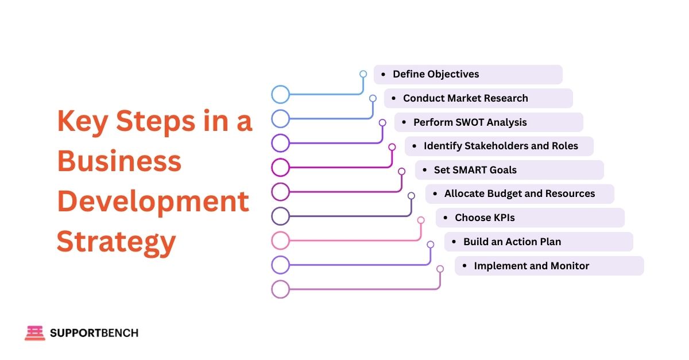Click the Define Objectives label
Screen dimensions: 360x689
[x=436, y=74]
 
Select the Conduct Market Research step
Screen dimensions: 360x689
[x=465, y=98]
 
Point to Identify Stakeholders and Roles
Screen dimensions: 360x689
[x=501, y=146]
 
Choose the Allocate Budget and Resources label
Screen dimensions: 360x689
[x=520, y=193]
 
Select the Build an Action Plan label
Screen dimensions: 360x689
[x=512, y=242]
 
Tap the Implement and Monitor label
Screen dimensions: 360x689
[x=532, y=266]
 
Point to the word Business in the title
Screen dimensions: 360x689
[x=119, y=161]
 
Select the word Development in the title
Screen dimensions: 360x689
[x=153, y=202]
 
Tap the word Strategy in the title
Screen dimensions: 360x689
[x=116, y=242]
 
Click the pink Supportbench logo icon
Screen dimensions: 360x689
[x=34, y=333]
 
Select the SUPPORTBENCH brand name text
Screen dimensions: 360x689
[x=94, y=333]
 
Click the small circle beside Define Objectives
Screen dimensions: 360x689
[x=363, y=74]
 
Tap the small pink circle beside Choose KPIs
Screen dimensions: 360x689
[x=421, y=220]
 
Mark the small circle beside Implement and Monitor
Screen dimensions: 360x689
[x=440, y=269]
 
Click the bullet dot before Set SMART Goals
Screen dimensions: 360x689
[x=425, y=170]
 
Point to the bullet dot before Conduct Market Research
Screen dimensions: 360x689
[x=394, y=98]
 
